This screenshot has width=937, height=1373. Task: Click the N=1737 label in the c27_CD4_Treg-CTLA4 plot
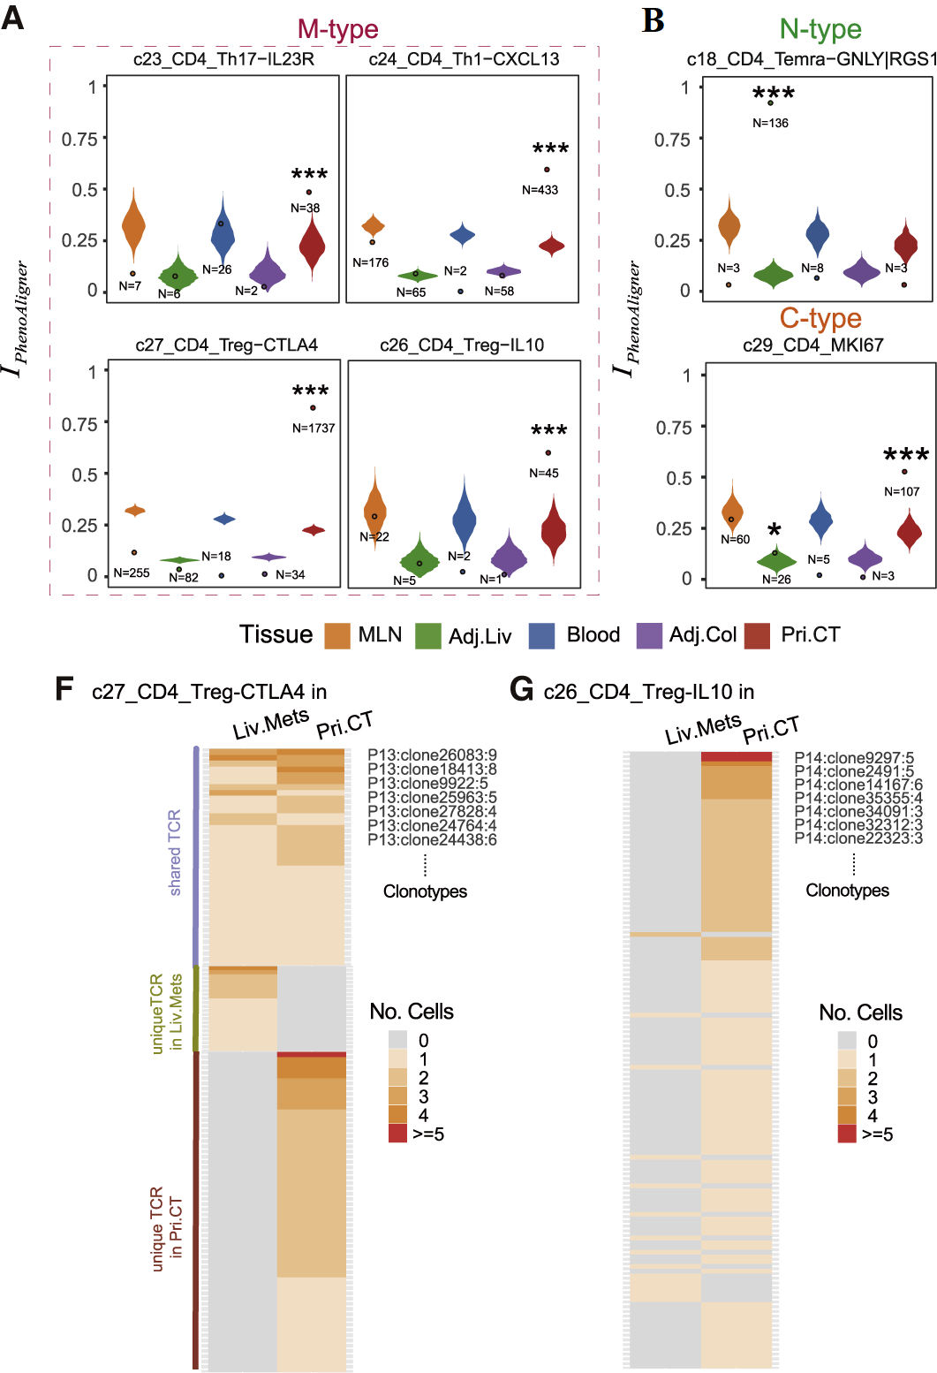(x=314, y=429)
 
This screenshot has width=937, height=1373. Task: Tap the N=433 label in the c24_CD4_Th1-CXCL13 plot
(x=540, y=190)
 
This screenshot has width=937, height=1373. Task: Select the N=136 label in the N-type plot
(x=770, y=123)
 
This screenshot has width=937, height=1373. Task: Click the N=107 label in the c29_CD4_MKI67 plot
(x=902, y=492)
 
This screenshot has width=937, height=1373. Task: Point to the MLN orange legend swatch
(x=337, y=635)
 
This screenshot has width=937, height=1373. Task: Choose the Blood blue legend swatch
(x=541, y=635)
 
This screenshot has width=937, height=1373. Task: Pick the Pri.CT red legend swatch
(x=758, y=635)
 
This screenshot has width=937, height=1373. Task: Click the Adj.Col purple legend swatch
(x=649, y=635)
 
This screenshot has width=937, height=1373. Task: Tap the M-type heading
(x=337, y=29)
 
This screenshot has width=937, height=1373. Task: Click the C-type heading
(x=820, y=318)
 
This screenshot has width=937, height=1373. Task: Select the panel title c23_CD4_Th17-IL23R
(x=223, y=59)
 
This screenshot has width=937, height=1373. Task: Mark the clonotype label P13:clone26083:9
(x=432, y=755)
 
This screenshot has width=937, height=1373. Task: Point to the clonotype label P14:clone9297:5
(x=854, y=758)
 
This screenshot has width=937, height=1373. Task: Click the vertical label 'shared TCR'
(x=175, y=853)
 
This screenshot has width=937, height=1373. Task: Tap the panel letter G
(x=522, y=688)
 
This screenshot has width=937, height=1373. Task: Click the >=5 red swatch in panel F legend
(x=398, y=1134)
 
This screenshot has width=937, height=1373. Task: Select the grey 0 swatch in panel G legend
(x=847, y=1041)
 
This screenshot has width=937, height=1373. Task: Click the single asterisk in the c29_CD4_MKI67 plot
(x=775, y=531)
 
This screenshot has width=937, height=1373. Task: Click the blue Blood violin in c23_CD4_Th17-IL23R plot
(x=223, y=231)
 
